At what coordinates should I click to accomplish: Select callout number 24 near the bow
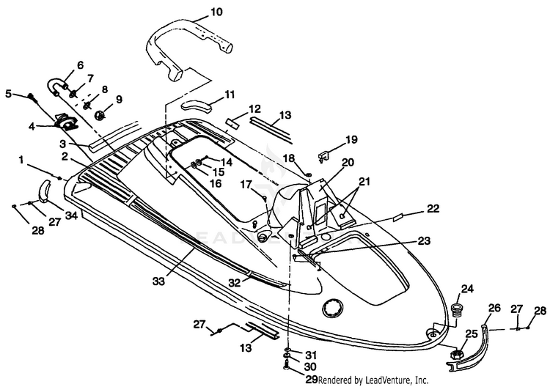pyautogui.click(x=467, y=289)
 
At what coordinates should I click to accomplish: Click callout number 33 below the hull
pyautogui.click(x=158, y=281)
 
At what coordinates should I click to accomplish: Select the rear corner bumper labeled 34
pyautogui.click(x=44, y=191)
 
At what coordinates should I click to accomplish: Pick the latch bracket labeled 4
pyautogui.click(x=65, y=120)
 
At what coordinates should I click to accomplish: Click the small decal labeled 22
pyautogui.click(x=399, y=218)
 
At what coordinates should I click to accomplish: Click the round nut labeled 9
pyautogui.click(x=100, y=114)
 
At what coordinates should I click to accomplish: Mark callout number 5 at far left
pyautogui.click(x=8, y=94)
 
